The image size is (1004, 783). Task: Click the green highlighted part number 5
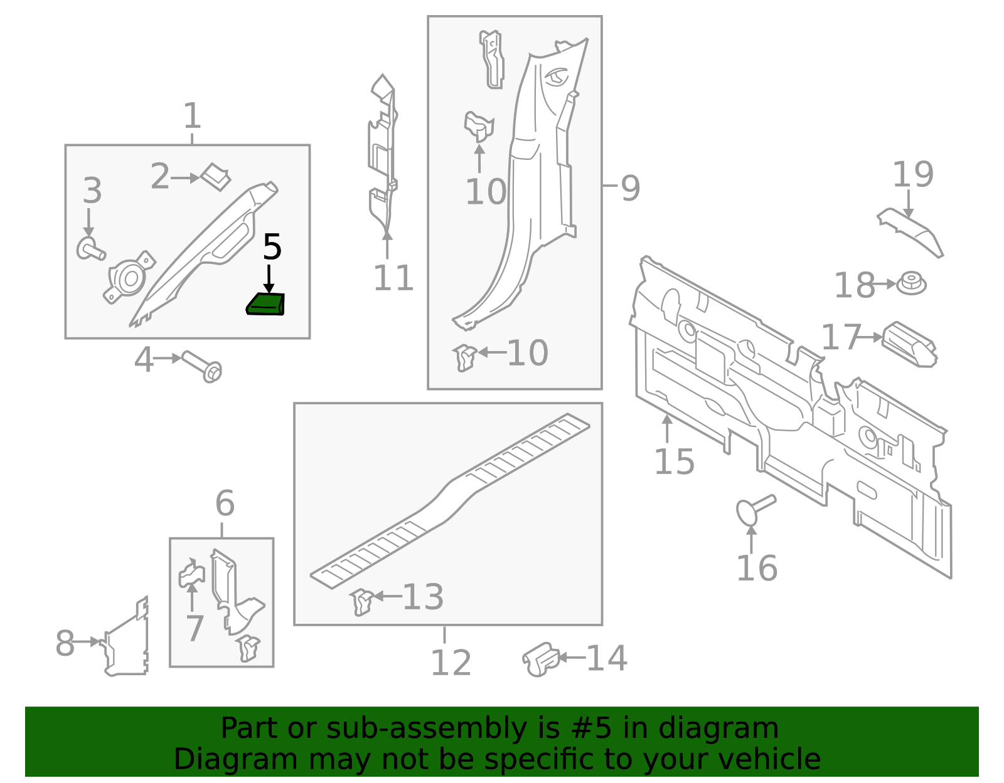[x=265, y=305]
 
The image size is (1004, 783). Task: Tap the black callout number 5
[x=272, y=248]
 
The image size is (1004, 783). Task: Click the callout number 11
[x=393, y=278]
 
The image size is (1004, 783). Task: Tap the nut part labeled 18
[x=911, y=284]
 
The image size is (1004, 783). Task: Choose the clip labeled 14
[x=540, y=659]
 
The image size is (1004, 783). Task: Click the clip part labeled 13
[x=362, y=602]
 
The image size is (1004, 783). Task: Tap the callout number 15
[x=674, y=462]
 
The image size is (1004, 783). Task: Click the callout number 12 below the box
[x=451, y=663]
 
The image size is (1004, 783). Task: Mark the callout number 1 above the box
[x=192, y=117]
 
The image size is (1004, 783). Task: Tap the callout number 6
[x=225, y=503]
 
